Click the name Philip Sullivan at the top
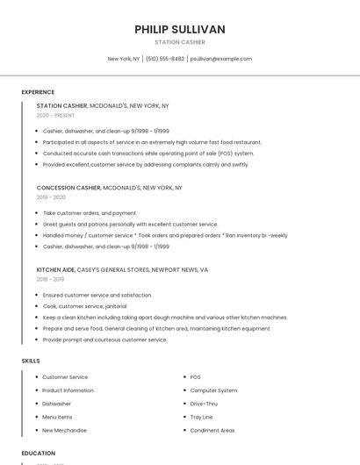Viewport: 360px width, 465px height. tap(180, 29)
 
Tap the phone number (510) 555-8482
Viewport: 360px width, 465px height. tap(165, 59)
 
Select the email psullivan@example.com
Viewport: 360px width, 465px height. tap(221, 59)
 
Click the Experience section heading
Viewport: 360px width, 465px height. tap(38, 92)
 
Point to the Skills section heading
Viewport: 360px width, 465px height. tap(31, 361)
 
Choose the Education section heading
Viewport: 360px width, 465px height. tap(39, 454)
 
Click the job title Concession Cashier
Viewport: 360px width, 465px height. tap(68, 188)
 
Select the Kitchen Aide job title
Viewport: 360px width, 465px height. tap(55, 270)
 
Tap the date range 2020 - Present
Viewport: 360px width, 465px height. tap(55, 115)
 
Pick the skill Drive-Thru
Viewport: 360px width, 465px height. tap(204, 404)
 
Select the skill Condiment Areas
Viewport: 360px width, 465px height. tap(212, 430)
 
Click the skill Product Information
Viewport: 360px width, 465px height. tap(68, 390)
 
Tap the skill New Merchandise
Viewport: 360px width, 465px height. tap(64, 430)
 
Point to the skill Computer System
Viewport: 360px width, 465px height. tap(213, 390)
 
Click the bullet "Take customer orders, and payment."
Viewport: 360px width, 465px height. tap(90, 213)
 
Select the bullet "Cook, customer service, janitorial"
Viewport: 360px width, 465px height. tap(84, 306)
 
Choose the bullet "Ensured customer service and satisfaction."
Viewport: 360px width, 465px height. tap(97, 296)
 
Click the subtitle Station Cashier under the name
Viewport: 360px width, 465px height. tap(180, 42)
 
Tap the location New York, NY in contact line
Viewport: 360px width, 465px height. tap(124, 59)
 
